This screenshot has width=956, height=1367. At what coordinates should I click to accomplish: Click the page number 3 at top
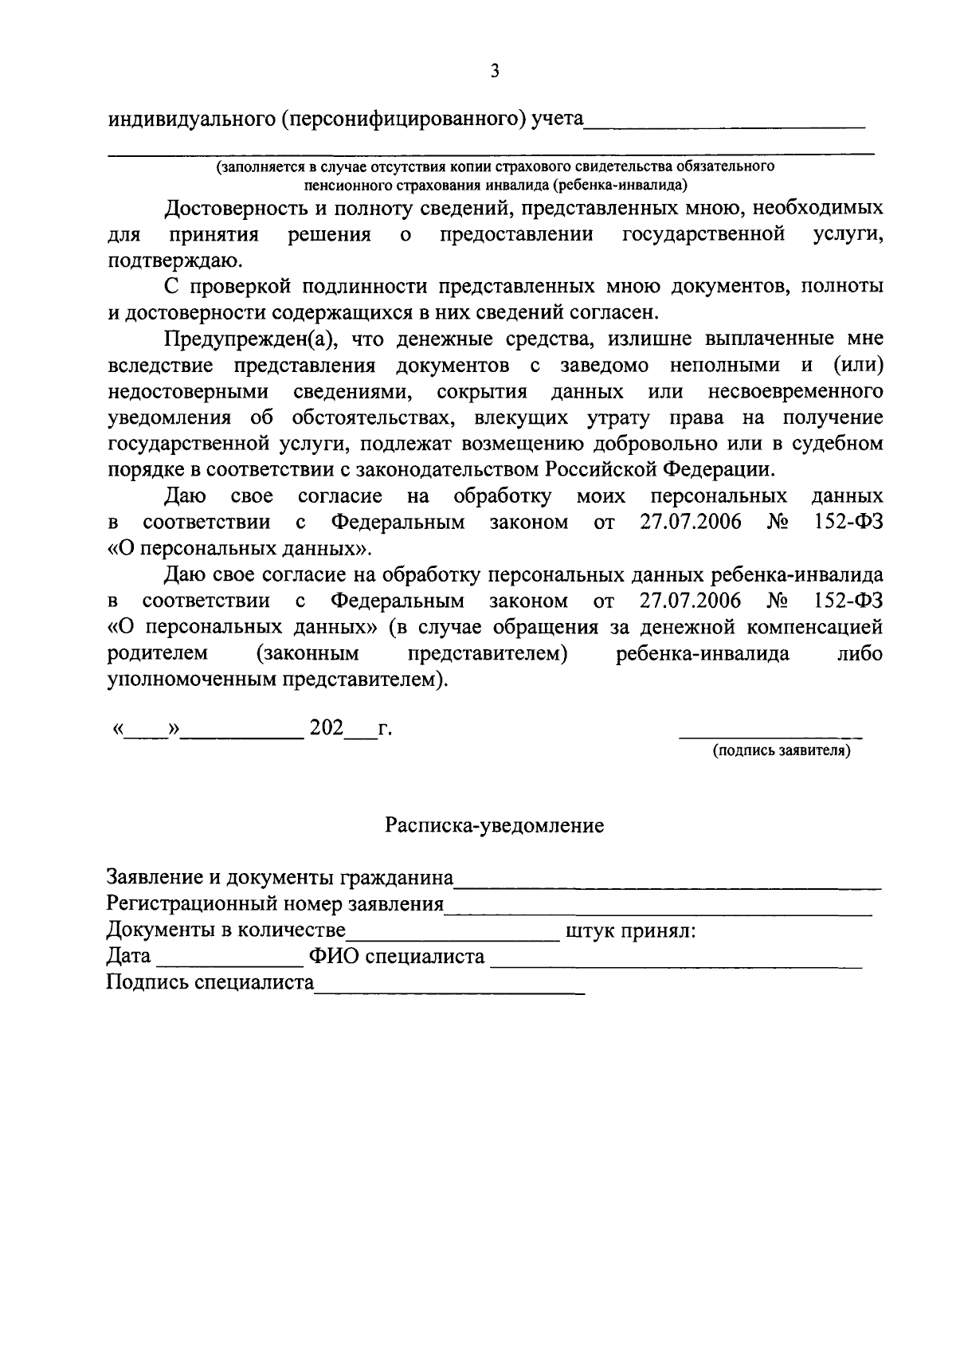click(495, 72)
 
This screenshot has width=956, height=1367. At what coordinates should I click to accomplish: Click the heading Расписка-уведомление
click(495, 825)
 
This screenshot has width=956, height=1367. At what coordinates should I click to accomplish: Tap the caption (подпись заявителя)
click(782, 751)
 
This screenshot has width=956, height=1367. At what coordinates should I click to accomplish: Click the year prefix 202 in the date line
click(326, 727)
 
